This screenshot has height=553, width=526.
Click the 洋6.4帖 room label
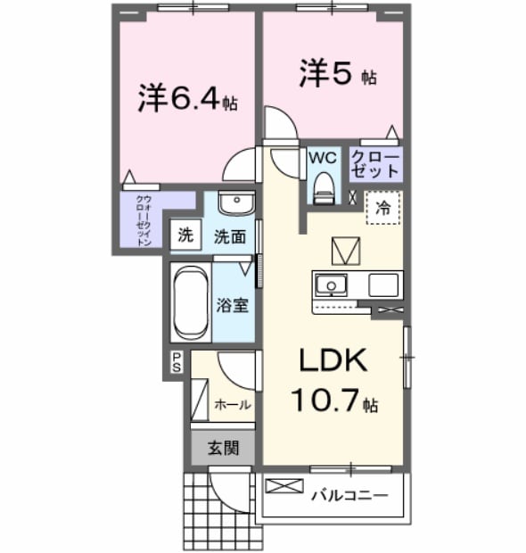(187, 97)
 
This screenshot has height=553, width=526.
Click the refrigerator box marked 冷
(382, 207)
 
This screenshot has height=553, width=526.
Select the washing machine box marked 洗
(185, 235)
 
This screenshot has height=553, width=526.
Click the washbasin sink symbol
(235, 202)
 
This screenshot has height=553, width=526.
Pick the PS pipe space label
(177, 361)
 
